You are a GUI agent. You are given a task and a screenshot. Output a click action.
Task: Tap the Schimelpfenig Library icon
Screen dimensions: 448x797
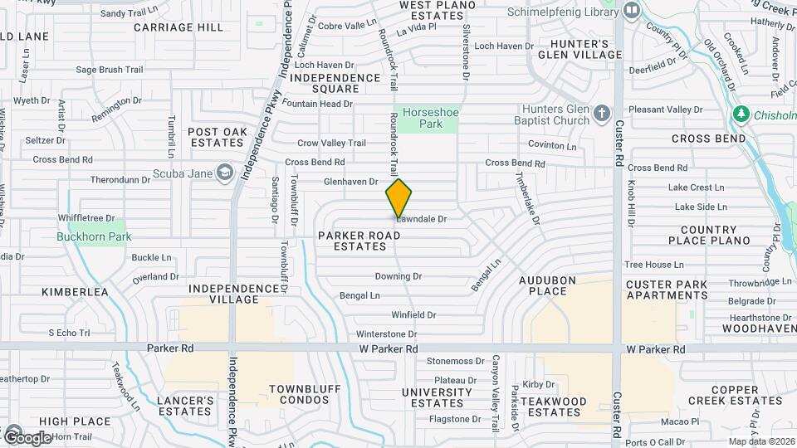tap(632, 11)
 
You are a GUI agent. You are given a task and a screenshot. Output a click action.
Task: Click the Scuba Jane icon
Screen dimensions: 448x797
tap(223, 173)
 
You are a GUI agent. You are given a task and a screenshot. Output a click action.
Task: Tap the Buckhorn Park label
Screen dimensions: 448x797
tap(95, 236)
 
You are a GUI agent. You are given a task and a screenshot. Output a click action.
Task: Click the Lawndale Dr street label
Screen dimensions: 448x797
tap(422, 220)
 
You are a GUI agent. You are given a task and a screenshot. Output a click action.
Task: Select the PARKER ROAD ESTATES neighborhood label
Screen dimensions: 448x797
tap(359, 241)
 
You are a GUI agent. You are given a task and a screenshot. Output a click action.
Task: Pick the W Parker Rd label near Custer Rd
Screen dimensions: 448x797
tap(656, 350)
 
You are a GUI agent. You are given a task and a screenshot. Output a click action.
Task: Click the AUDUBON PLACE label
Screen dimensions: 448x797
tap(548, 285)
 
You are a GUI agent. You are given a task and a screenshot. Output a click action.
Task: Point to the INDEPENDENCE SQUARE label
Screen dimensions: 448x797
tap(336, 83)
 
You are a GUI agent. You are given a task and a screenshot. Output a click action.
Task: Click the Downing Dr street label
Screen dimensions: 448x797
tap(398, 276)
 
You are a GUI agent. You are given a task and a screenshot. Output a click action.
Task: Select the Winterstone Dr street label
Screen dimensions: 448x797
tap(386, 334)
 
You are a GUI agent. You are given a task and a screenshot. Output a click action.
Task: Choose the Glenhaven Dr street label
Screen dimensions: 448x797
tap(350, 181)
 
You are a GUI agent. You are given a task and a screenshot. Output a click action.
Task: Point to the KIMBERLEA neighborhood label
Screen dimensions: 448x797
tap(76, 292)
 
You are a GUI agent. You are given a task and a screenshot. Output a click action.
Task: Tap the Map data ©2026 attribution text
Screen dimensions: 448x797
tap(760, 441)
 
